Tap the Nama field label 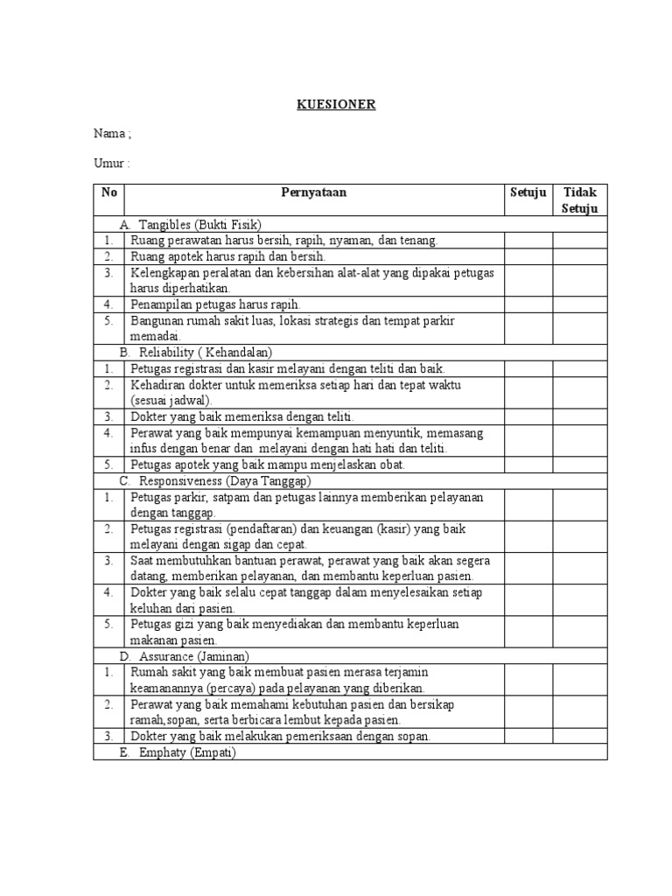[x=113, y=134]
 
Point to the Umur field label [x=112, y=163]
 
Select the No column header [x=108, y=192]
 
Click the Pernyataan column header [x=313, y=192]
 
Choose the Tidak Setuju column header [x=579, y=200]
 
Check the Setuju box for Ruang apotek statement [x=528, y=256]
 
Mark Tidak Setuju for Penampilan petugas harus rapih [x=579, y=304]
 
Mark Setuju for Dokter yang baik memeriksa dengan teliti [x=528, y=416]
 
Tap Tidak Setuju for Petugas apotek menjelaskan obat [x=579, y=465]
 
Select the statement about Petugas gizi [x=295, y=632]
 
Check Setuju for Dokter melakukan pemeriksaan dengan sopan [x=528, y=737]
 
